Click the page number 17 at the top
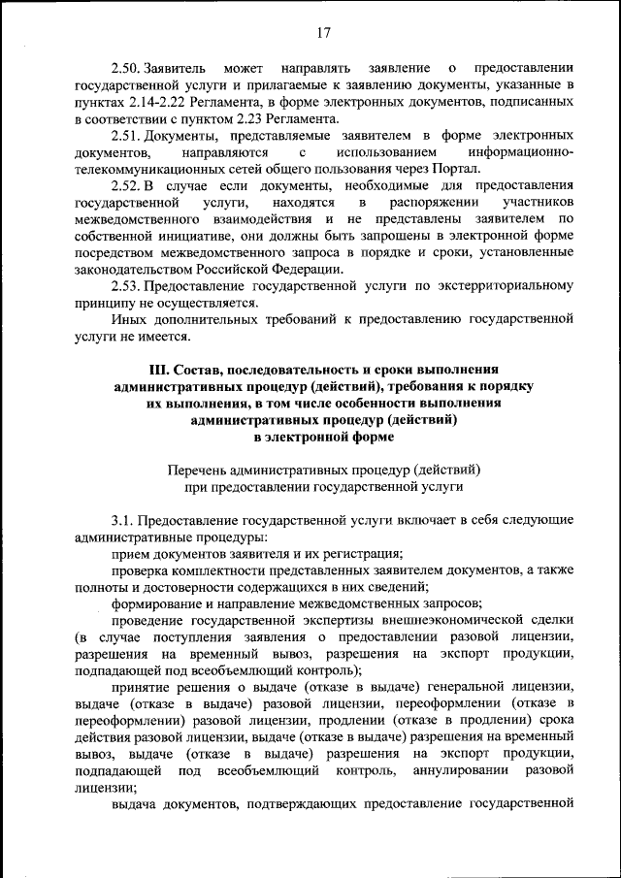click(x=323, y=34)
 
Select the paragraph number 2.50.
click(x=126, y=70)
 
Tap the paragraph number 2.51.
click(x=126, y=135)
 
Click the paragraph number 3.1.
click(x=122, y=519)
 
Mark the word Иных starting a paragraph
click(x=127, y=318)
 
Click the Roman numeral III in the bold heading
click(x=160, y=370)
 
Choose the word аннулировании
click(x=458, y=769)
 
